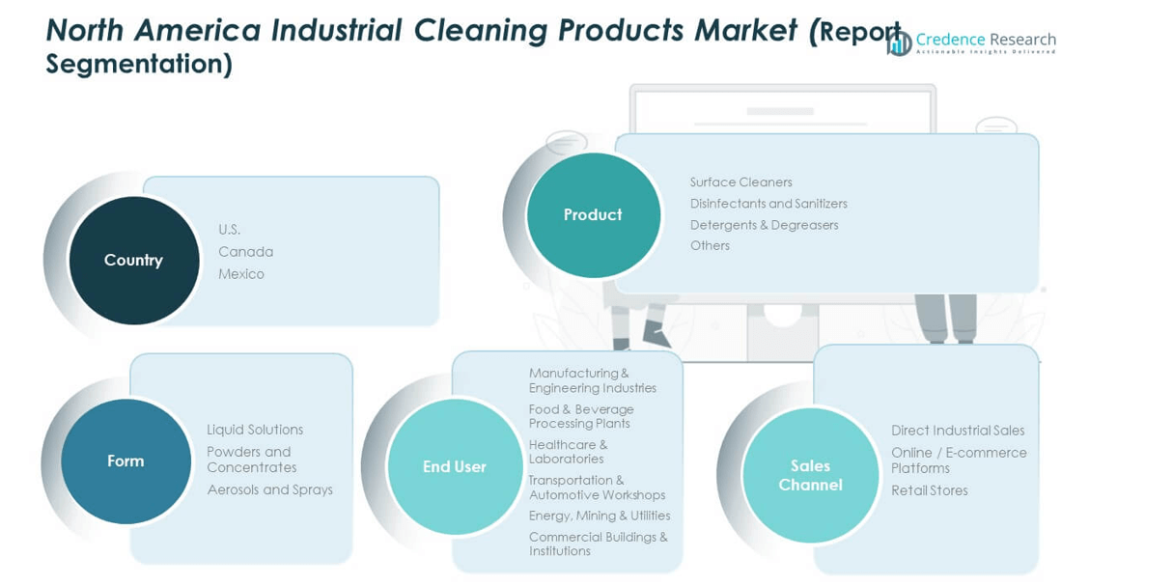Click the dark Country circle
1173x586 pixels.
click(x=134, y=261)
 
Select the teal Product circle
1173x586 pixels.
click(x=594, y=214)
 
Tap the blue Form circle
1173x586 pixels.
click(x=126, y=460)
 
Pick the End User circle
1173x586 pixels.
click(x=455, y=466)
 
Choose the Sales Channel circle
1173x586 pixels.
click(x=811, y=475)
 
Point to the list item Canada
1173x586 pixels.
click(x=245, y=252)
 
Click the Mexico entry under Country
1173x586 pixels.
click(x=241, y=274)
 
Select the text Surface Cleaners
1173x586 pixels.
click(x=741, y=182)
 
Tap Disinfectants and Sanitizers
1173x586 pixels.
click(x=768, y=204)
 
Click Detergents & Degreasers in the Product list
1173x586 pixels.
click(x=764, y=225)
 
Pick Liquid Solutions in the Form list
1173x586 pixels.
click(x=255, y=430)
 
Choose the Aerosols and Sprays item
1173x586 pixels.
click(x=270, y=489)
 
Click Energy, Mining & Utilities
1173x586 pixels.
click(x=600, y=516)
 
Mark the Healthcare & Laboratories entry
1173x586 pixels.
click(x=569, y=452)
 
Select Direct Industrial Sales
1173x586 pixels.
click(x=958, y=431)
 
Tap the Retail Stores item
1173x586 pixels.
click(x=930, y=490)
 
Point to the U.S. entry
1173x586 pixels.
click(x=230, y=230)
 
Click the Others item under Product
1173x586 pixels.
click(x=710, y=245)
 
